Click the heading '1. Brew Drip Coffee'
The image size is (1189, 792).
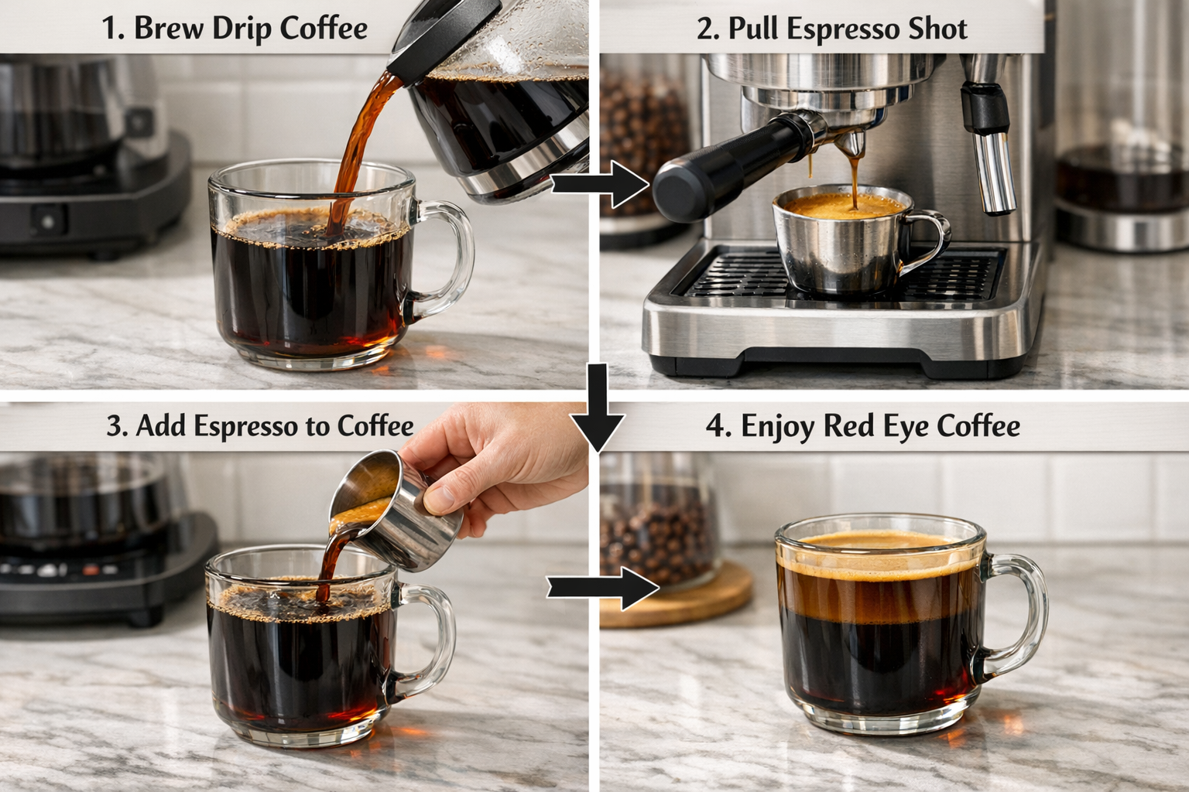pyautogui.click(x=235, y=29)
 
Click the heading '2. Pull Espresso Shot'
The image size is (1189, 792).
pyautogui.click(x=831, y=29)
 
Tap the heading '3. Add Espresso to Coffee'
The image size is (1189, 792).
pyautogui.click(x=260, y=426)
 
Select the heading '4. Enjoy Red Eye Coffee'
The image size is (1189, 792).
pyautogui.click(x=862, y=426)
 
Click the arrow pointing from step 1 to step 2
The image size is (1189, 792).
pyautogui.click(x=600, y=185)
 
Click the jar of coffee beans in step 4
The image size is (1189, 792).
pyautogui.click(x=658, y=526)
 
